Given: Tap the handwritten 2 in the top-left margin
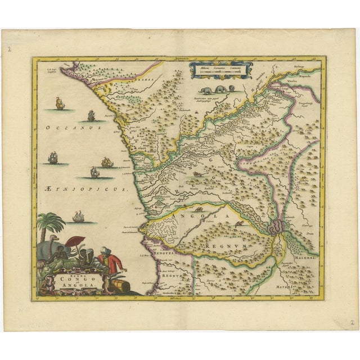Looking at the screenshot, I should tap(10, 49).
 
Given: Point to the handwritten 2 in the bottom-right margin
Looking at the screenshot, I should tap(350, 324).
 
